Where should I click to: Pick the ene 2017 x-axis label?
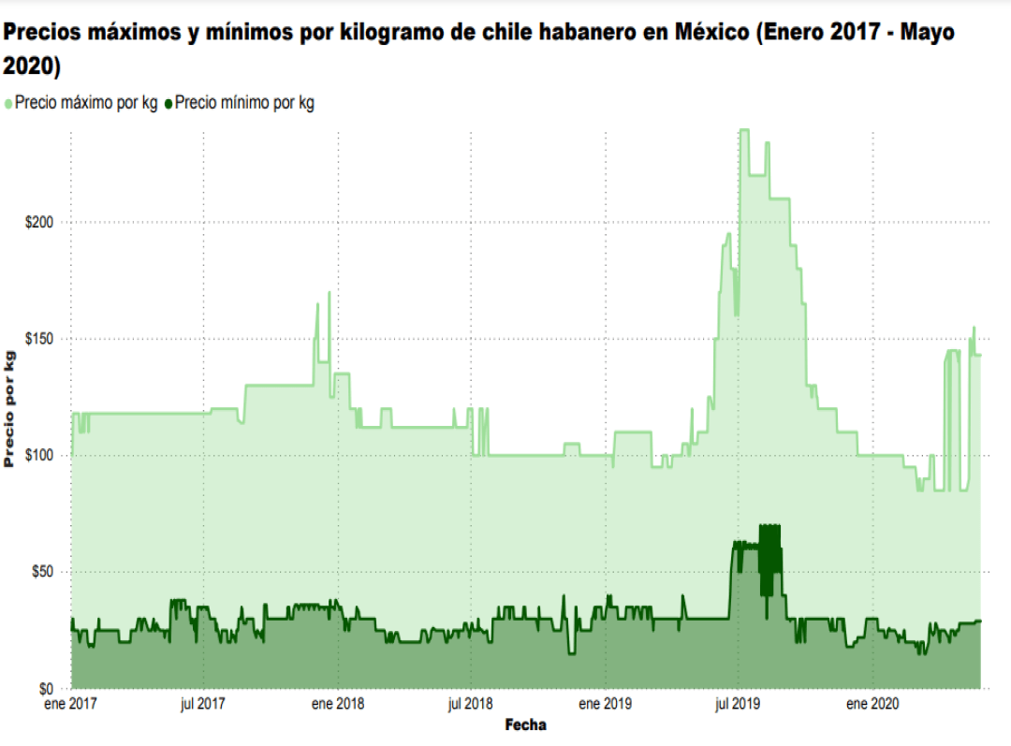click(71, 703)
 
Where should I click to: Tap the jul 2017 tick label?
click(202, 703)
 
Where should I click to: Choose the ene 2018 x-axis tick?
click(337, 703)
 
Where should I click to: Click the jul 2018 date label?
click(471, 703)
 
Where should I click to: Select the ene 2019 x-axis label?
click(605, 703)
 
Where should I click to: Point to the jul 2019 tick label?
click(738, 703)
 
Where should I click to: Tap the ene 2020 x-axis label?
click(872, 703)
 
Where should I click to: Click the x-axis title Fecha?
click(525, 725)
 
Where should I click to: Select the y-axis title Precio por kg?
click(10, 408)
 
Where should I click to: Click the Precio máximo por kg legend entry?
click(85, 104)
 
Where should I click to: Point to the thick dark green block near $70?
click(769, 552)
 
